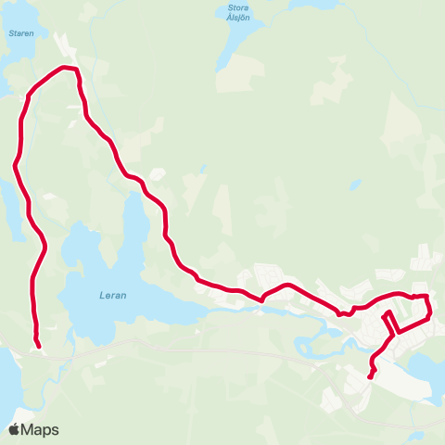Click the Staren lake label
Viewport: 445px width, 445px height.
20,32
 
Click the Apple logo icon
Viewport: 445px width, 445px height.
14,429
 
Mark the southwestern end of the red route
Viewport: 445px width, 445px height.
39,348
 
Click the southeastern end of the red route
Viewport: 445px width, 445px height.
370,376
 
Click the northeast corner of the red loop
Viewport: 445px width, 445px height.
427,296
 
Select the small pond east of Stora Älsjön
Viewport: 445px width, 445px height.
355,184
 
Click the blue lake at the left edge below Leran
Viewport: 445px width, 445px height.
7,380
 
